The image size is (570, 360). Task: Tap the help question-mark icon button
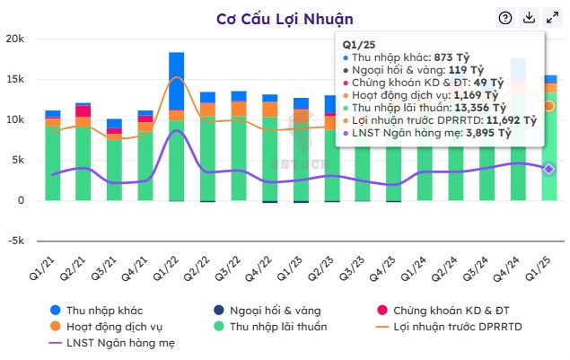pos(505,18)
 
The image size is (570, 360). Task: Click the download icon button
pos(530,18)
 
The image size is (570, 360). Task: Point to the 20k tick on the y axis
pos(15,39)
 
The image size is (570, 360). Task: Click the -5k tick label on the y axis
pos(16,241)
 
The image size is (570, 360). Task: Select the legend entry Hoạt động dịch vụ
pos(118,327)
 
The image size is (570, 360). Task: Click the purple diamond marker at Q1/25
pos(549,169)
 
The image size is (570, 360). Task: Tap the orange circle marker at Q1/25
pos(549,106)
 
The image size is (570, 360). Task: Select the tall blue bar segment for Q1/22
pos(176,81)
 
